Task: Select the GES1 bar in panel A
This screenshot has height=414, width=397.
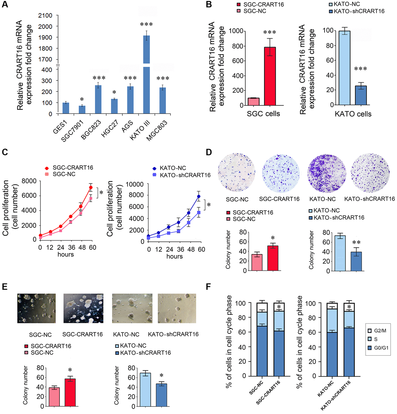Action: point(66,108)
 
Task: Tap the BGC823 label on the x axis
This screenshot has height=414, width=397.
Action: point(91,130)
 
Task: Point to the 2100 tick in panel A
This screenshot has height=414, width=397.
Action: point(45,16)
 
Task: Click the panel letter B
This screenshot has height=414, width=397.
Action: point(209,5)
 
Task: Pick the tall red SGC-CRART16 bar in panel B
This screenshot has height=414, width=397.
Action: point(270,76)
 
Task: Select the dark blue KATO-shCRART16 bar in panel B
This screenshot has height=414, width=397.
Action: point(361,95)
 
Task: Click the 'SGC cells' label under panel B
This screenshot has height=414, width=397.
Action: point(263,114)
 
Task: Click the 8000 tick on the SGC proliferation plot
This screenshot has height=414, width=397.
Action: point(29,181)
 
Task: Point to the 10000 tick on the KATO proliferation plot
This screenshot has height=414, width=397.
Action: point(135,184)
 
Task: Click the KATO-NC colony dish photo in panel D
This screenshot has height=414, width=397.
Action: point(327,173)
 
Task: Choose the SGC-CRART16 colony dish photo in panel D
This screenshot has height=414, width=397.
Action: point(281,173)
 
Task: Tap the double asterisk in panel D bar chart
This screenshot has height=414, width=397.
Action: point(356,243)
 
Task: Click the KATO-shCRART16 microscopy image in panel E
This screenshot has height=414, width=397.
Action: point(177,308)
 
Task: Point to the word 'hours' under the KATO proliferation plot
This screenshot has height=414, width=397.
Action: point(175,256)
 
